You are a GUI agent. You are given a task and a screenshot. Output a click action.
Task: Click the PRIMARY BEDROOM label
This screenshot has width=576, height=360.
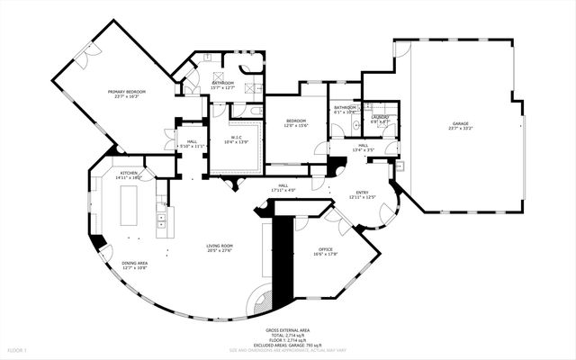(x=127, y=92)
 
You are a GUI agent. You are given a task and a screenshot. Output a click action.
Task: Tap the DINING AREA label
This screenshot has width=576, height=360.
(x=134, y=263)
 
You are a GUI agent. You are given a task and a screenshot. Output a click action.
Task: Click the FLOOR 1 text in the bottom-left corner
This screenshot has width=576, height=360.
(x=18, y=348)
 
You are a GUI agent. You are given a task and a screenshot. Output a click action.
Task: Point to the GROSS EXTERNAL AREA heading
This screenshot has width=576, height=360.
(x=287, y=330)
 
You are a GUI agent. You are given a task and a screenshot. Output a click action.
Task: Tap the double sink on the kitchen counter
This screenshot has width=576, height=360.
(x=161, y=216)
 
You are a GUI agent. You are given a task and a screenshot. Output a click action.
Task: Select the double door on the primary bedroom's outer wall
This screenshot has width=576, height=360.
(x=82, y=58)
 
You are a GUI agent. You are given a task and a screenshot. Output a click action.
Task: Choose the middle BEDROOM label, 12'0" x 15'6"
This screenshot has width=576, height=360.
(x=297, y=121)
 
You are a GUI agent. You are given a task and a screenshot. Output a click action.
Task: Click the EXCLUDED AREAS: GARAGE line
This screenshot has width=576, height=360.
(x=287, y=345)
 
